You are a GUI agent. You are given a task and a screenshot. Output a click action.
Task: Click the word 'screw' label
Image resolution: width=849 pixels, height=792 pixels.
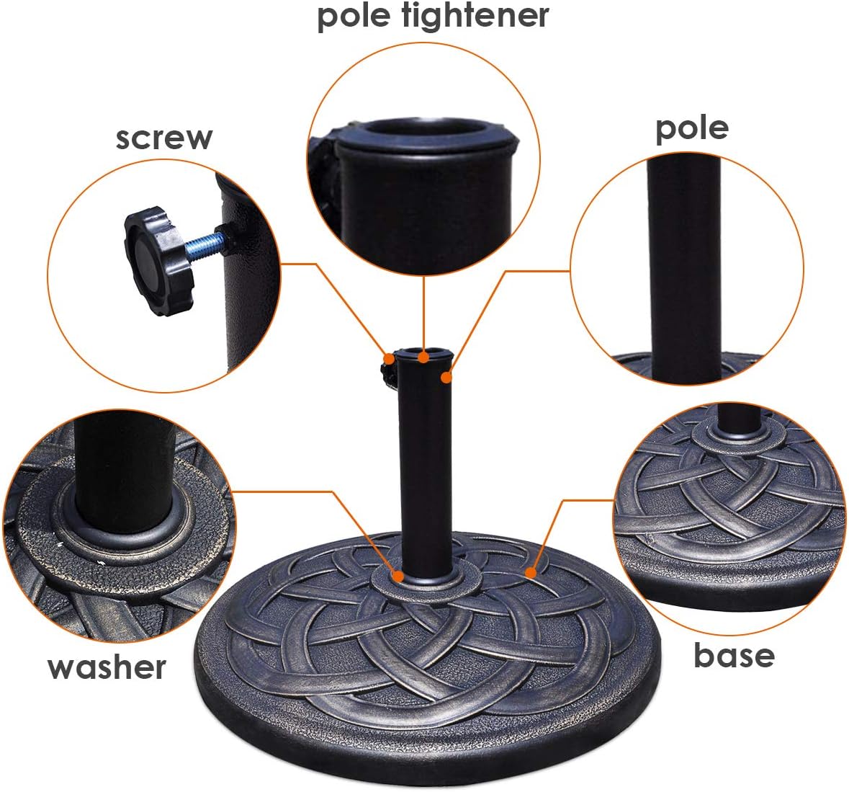click(x=164, y=137)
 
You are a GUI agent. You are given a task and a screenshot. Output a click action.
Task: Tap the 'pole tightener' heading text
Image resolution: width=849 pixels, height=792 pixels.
click(x=433, y=16)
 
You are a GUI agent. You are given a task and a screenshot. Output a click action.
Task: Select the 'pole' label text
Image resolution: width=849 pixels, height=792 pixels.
click(x=691, y=128)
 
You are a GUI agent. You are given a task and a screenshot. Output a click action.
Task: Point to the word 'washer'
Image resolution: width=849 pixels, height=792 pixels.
click(x=107, y=667)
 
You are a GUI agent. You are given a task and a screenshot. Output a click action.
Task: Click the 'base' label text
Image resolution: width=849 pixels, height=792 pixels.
click(x=734, y=655)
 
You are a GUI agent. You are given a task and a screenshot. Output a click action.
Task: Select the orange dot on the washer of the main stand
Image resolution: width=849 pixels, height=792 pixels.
click(x=398, y=577)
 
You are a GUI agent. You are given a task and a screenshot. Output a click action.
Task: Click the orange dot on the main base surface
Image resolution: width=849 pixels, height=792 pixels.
click(x=531, y=573)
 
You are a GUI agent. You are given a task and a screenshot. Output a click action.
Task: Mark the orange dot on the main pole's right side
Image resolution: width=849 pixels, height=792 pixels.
click(x=447, y=377)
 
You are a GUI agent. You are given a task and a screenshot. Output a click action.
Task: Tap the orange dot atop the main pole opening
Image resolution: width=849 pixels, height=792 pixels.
click(x=425, y=356)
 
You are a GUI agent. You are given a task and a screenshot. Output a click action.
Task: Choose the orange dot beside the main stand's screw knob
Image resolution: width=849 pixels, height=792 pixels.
click(x=389, y=358)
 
